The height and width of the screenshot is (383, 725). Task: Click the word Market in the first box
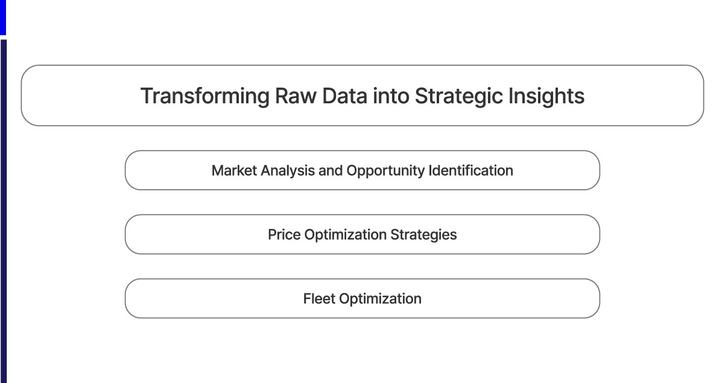click(234, 170)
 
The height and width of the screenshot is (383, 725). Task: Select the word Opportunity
click(385, 171)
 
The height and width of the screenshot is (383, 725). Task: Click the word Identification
click(471, 170)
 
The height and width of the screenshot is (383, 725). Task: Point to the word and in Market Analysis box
click(330, 170)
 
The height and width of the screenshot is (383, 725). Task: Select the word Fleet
click(319, 298)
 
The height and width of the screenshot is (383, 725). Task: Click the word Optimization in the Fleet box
click(380, 299)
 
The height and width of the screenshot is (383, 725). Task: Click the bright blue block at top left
click(2, 16)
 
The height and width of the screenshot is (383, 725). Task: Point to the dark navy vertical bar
click(3, 211)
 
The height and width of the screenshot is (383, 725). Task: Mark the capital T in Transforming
click(146, 97)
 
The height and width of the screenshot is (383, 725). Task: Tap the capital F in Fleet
click(307, 298)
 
